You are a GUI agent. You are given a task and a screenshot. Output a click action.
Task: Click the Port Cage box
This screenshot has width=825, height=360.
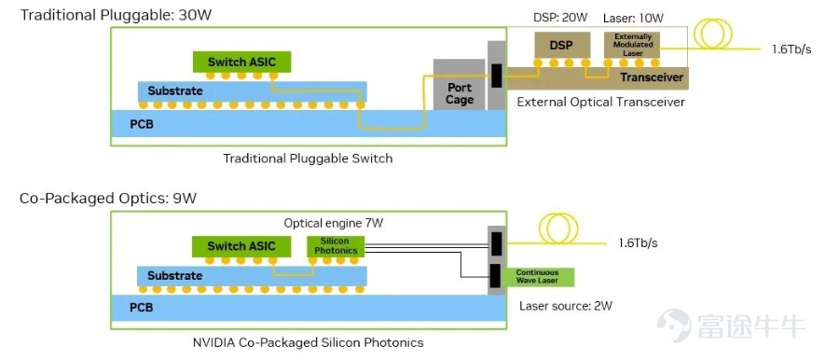coord(459,84)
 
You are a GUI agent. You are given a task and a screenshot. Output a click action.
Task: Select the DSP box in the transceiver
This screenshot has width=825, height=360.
coord(561,46)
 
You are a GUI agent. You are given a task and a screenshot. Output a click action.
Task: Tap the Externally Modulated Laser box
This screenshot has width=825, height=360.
coord(633,45)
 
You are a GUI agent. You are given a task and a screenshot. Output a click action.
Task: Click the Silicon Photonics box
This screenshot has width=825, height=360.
coord(336,247)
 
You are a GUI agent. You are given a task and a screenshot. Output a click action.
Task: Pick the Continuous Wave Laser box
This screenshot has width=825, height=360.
coord(537,277)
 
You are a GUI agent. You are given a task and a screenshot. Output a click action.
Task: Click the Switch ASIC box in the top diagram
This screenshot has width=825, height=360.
coord(241,62)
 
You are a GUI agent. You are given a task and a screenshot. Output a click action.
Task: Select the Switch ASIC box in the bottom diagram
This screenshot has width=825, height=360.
coord(241,246)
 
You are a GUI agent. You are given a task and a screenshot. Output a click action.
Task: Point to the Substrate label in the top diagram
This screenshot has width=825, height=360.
coord(174,90)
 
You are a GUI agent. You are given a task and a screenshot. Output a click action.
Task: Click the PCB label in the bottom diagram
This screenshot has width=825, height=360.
coord(141,308)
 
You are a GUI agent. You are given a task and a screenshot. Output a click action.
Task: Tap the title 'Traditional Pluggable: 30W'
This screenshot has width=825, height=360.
coord(116,14)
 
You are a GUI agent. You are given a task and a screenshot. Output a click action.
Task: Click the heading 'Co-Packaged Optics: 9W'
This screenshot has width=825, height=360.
coord(108,199)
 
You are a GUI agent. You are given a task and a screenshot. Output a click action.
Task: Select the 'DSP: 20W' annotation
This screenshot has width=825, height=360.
coord(560,18)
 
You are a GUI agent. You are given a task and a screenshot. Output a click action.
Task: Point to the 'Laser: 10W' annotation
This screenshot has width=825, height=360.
coord(634,18)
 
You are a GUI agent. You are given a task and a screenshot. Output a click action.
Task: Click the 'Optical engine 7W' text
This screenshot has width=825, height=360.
coord(334,223)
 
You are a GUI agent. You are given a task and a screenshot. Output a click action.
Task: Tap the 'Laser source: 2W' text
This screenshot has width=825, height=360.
coord(566,306)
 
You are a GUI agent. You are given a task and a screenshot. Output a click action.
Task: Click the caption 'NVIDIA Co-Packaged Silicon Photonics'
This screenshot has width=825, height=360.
coord(309,342)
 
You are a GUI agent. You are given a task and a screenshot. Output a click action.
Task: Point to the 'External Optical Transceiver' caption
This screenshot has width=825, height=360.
coord(601,102)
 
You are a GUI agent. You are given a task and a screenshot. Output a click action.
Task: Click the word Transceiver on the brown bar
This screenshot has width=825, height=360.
coord(652,77)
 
